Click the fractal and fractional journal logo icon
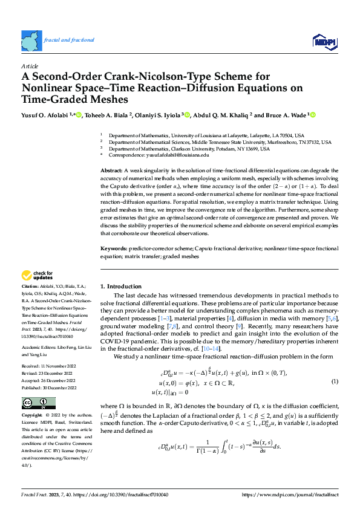(x=32, y=41)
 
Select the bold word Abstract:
(x=112, y=172)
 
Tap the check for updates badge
(x=38, y=276)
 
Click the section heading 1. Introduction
(x=120, y=286)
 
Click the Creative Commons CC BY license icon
(x=38, y=403)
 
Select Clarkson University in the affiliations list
(x=194, y=149)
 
